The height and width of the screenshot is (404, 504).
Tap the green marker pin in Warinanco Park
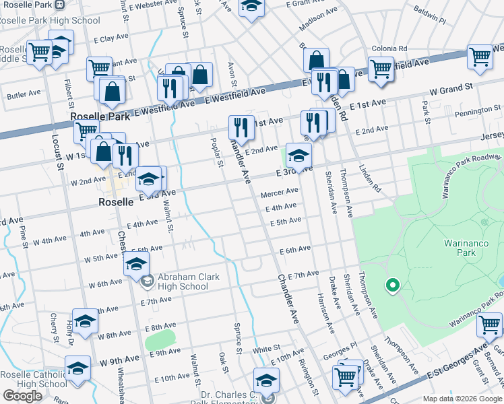(x=392, y=285)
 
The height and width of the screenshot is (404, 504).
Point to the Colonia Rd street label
(x=393, y=48)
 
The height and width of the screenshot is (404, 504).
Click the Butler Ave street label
(x=24, y=95)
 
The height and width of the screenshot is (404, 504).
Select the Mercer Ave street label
(x=279, y=193)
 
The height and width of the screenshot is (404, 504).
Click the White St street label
(x=266, y=348)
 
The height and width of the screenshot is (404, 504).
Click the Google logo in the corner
(x=22, y=395)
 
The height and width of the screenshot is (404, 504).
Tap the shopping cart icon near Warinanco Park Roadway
(x=489, y=325)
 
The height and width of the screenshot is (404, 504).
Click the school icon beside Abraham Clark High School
(x=137, y=265)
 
